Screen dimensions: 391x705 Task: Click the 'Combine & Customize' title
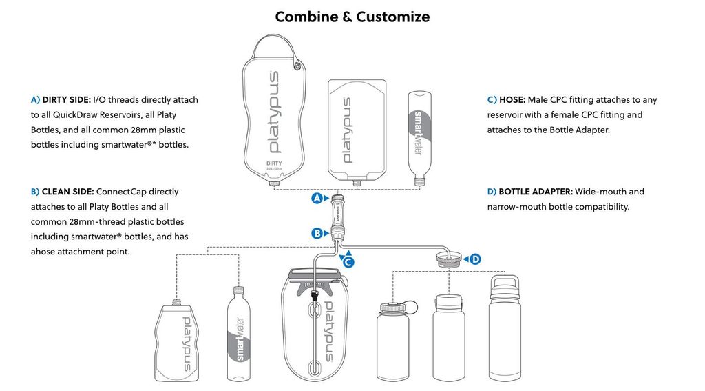(352, 17)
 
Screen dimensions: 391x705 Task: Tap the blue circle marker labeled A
(317, 199)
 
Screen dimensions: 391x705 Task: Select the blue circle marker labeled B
(317, 233)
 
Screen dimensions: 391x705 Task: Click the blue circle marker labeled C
(348, 262)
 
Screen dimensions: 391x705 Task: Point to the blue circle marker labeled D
(475, 259)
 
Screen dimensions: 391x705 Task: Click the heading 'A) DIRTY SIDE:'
(61, 100)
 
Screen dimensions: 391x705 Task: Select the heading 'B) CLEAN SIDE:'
(63, 192)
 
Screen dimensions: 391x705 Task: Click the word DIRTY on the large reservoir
(273, 163)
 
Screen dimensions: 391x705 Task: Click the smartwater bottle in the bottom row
(237, 334)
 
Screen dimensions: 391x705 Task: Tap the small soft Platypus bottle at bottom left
(181, 341)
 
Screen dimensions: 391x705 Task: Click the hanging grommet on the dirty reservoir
(297, 66)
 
